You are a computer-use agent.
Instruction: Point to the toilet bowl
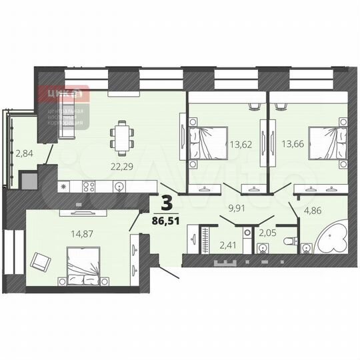pyautogui.click(x=288, y=240)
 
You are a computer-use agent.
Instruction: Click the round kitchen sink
pyautogui.click(x=119, y=187)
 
